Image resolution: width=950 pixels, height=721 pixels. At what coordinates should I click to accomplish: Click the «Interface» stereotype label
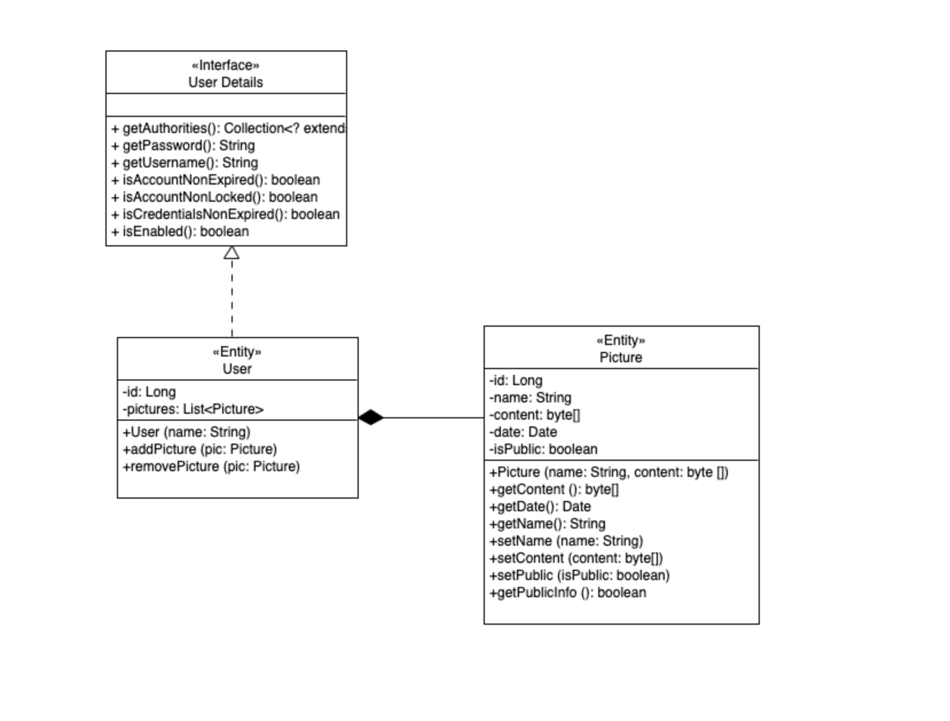225,65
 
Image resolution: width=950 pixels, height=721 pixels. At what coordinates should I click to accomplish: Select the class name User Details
225,83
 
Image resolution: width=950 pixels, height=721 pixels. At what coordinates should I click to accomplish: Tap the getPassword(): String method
183,146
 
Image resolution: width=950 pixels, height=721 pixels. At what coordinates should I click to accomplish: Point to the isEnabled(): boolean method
180,232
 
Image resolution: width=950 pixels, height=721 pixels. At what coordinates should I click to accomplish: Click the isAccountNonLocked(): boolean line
215,197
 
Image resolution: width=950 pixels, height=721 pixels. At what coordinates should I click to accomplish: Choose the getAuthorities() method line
228,128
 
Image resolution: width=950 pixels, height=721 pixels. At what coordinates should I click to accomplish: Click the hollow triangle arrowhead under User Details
231,253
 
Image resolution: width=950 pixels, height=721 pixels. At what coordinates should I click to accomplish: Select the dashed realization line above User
231,298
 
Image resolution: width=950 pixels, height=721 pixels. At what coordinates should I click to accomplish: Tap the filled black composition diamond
371,417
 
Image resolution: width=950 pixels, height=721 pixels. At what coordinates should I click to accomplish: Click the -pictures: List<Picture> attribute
193,409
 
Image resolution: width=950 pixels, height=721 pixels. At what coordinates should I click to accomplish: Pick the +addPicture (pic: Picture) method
199,449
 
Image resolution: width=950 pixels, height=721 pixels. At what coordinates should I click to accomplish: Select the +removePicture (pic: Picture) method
211,467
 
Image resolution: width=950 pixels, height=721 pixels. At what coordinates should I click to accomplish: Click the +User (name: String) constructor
186,432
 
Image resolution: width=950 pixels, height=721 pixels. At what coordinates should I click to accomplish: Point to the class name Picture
621,358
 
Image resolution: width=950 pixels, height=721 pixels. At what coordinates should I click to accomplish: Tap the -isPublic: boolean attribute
543,449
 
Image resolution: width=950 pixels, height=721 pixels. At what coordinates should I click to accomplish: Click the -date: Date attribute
523,432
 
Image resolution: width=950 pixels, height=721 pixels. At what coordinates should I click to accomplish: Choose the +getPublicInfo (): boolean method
567,593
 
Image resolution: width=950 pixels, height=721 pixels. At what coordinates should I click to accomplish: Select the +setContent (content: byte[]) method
576,558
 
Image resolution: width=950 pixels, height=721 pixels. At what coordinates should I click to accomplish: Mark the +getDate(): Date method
540,507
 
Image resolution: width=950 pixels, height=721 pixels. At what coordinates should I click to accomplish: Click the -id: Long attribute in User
149,392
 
